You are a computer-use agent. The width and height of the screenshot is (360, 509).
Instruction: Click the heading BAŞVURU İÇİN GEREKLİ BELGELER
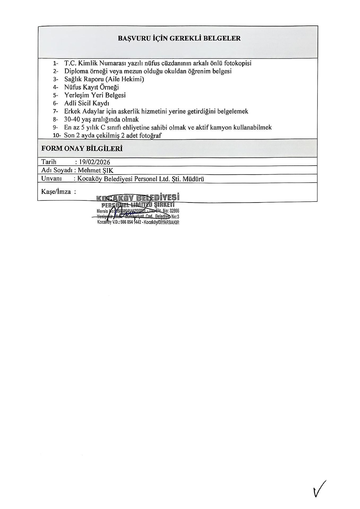(x=179, y=38)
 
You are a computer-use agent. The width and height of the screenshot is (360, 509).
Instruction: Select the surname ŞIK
(x=108, y=170)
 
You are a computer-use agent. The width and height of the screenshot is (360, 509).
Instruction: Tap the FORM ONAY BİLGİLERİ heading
(x=82, y=148)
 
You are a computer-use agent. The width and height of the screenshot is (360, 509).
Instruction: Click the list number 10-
(x=57, y=135)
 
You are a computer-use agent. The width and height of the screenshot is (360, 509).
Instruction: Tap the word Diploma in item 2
(x=77, y=71)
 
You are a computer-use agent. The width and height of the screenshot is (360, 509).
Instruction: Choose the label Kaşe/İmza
(x=56, y=191)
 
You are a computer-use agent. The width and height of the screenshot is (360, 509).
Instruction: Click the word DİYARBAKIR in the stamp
(x=169, y=223)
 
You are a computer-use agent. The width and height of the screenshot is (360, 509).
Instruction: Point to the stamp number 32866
(x=174, y=211)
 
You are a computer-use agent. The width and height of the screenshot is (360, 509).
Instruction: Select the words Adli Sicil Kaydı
(x=86, y=103)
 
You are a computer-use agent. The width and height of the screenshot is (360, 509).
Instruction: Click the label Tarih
(x=49, y=162)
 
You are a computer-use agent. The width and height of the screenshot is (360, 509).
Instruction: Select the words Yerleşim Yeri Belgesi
(x=95, y=95)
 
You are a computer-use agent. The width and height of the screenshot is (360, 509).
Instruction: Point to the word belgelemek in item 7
(x=233, y=111)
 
